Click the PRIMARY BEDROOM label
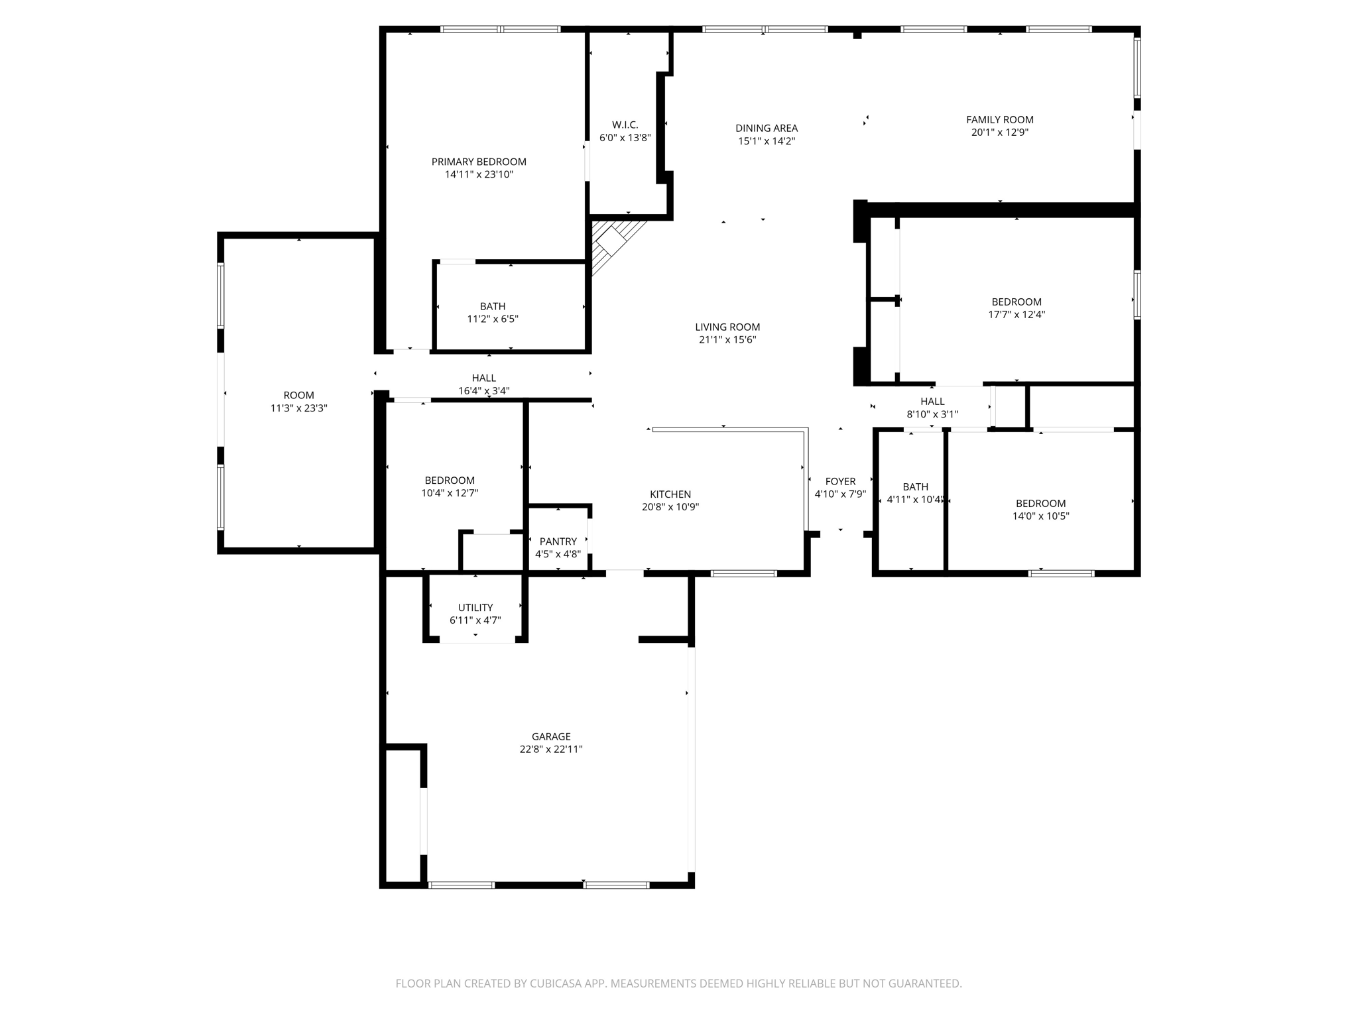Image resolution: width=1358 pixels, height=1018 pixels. point(479,162)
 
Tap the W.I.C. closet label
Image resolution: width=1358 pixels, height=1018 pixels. point(625,125)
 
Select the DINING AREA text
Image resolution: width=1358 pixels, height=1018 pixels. point(767,128)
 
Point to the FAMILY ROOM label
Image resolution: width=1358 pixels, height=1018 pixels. point(1000,119)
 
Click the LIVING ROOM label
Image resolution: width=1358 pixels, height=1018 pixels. point(727,327)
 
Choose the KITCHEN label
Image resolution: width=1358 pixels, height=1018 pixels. point(670,494)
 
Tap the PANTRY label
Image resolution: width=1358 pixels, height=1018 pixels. point(558,541)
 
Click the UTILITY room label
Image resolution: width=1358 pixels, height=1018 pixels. point(475,608)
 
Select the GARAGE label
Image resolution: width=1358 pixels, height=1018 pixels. point(551,736)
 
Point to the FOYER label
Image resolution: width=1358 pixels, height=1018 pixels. point(840,481)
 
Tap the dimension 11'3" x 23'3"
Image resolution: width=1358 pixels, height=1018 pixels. point(299,408)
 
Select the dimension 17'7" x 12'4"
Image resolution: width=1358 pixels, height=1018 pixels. point(1017,315)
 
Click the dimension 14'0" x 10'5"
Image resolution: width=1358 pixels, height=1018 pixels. point(1040,516)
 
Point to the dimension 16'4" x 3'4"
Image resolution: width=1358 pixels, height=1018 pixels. point(484,391)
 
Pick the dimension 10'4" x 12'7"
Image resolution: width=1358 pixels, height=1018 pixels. point(450,493)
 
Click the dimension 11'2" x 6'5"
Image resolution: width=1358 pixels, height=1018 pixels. point(493,319)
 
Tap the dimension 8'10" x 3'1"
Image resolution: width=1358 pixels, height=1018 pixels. point(932,414)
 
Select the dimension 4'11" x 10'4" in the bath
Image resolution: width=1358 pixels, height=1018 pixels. point(915,500)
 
